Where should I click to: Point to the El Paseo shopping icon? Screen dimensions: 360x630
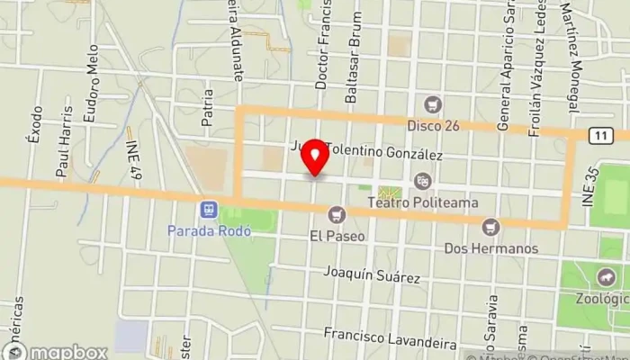[x=337, y=214]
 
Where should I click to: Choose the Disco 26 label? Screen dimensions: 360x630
[x=433, y=125]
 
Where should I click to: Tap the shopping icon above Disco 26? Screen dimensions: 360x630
[x=436, y=104]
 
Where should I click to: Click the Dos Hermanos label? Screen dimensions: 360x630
[x=491, y=247]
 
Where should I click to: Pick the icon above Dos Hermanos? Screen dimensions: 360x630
[x=490, y=226]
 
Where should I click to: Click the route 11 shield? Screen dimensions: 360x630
[x=598, y=135]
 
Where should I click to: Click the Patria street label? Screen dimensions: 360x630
[x=208, y=105]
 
